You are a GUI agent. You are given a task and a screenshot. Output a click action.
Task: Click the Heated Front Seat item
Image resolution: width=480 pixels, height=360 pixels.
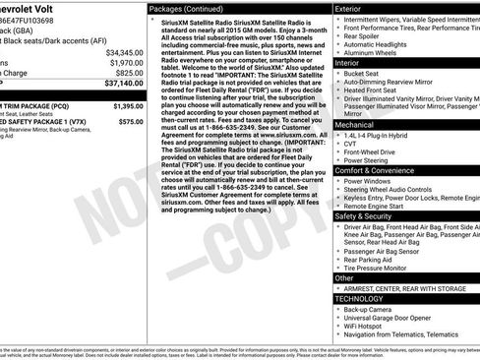(x=377, y=90)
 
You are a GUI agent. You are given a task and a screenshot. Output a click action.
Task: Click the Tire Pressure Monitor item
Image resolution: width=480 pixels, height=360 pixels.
(x=383, y=268)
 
